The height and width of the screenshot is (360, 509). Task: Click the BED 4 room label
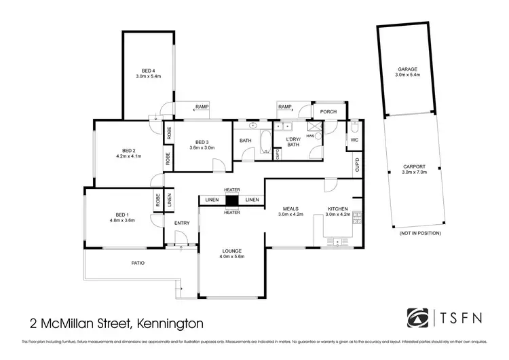pos(148,71)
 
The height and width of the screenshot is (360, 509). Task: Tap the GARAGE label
pos(407,69)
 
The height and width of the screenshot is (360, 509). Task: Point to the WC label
pos(354,141)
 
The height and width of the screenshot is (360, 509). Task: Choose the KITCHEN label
pos(337,209)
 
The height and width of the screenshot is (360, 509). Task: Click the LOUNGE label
pos(231,251)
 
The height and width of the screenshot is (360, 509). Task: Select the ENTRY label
pos(182,223)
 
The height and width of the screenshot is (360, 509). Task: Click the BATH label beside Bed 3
pos(245,141)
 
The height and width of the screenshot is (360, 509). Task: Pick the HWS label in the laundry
pos(310,136)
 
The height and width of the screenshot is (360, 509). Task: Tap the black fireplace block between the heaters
pos(232,200)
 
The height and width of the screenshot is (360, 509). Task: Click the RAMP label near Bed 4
pos(202,107)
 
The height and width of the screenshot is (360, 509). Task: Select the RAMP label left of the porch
pos(284,107)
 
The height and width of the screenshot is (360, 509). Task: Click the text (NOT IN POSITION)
pos(421,233)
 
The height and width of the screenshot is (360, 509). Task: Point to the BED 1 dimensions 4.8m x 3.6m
pos(122,220)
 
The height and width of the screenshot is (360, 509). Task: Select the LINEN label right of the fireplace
pos(252,200)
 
